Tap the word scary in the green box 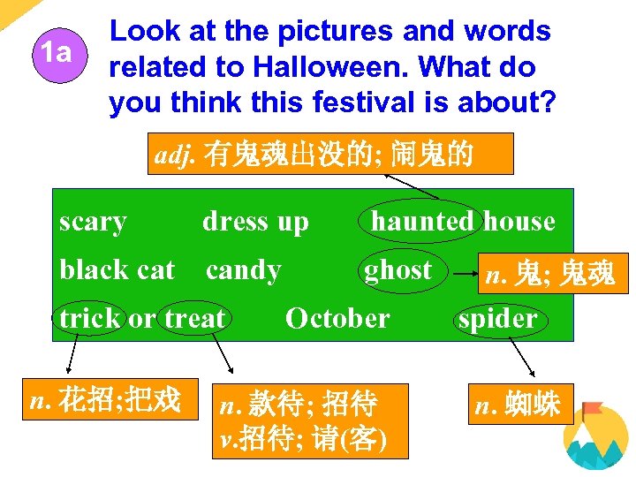pos(93,222)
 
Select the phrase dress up pos(255,222)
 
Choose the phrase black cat pos(117,269)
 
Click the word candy pos(243,269)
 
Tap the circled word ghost pos(398,269)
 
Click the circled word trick pos(90,318)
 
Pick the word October pos(337,318)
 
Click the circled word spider pos(497,319)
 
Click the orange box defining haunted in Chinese pos(327,155)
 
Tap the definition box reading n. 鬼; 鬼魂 pos(549,276)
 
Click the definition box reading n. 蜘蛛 pos(523,405)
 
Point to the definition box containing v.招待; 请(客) pos(311,420)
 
